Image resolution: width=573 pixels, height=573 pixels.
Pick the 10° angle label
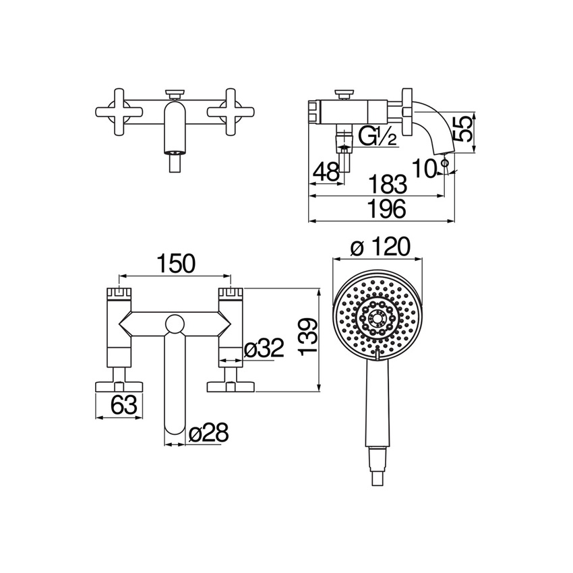point(427,167)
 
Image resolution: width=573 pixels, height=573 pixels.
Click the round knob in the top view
point(175,324)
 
